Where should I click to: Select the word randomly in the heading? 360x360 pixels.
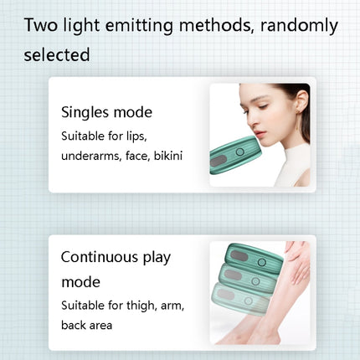click(x=298, y=24)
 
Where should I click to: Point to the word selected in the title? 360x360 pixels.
click(x=58, y=55)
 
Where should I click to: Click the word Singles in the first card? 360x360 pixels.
click(x=88, y=111)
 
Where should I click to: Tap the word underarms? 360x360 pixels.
click(x=90, y=157)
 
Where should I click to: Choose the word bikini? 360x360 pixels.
click(x=170, y=157)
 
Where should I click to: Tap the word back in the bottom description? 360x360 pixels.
click(x=75, y=325)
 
